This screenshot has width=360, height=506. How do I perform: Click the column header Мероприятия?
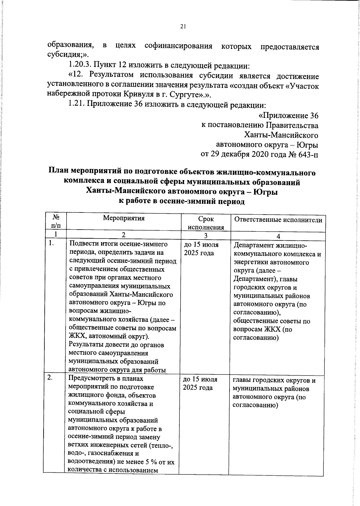coord(124,218)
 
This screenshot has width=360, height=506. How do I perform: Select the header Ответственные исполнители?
coord(278,220)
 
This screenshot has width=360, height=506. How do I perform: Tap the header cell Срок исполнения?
coord(206,223)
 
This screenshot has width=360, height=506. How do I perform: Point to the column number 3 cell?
coord(206,236)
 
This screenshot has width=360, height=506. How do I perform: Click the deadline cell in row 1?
coord(201,249)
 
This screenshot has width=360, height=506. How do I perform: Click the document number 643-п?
coord(308,155)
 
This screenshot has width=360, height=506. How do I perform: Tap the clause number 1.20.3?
coord(80,65)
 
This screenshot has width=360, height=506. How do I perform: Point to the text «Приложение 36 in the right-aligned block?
coord(288,116)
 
